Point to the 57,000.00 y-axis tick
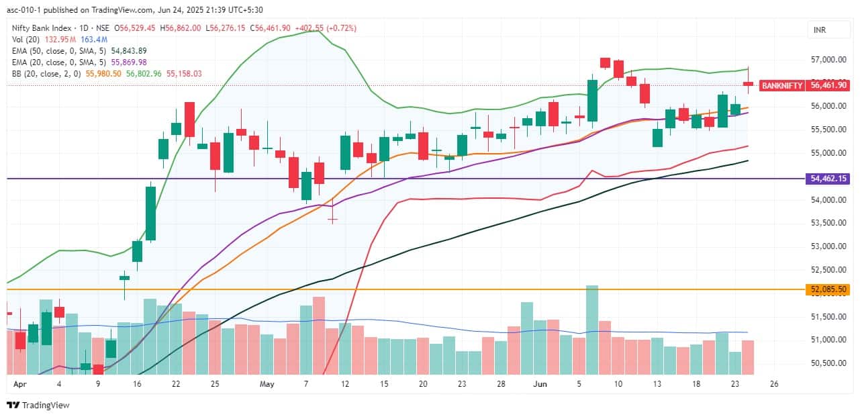click(829, 59)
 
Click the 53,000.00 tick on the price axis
click(829, 246)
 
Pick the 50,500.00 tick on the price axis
click(829, 363)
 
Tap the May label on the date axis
click(267, 385)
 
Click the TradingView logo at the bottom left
click(38, 405)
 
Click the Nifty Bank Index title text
click(44, 28)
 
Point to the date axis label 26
click(774, 385)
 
